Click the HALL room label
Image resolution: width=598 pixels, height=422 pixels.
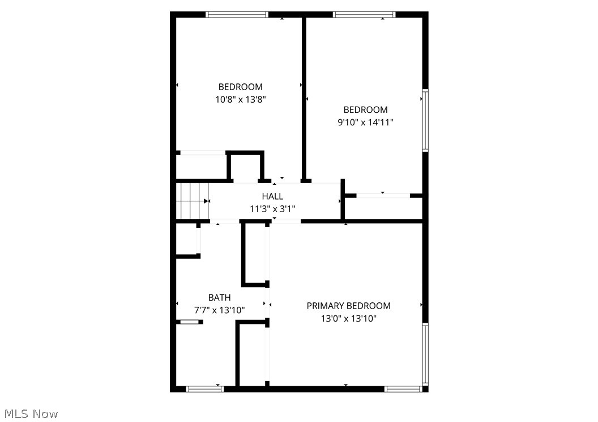(x=272, y=196)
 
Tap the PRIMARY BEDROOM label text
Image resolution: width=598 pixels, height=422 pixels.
(x=348, y=306)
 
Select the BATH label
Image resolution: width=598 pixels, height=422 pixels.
(x=219, y=297)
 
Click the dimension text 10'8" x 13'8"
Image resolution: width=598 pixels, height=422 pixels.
(x=241, y=99)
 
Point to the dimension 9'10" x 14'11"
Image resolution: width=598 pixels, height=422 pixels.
(x=365, y=122)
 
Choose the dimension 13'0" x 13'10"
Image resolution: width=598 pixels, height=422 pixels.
(x=348, y=319)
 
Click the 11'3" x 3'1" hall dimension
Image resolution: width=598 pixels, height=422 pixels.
(x=272, y=209)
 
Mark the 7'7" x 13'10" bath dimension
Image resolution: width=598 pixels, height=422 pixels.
(x=219, y=310)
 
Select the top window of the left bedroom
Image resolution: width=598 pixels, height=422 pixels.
(x=237, y=15)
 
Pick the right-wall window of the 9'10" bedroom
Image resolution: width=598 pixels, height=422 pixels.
(x=425, y=120)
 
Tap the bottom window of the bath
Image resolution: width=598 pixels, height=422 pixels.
(x=204, y=389)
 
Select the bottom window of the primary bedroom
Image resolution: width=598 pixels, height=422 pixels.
(x=403, y=389)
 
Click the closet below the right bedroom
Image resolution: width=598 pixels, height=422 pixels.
(x=384, y=208)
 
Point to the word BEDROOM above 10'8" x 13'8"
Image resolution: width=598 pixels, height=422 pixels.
(x=241, y=87)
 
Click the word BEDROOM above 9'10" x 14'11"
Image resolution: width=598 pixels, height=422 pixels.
(x=365, y=109)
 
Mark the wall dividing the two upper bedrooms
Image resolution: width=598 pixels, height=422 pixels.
(x=304, y=96)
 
